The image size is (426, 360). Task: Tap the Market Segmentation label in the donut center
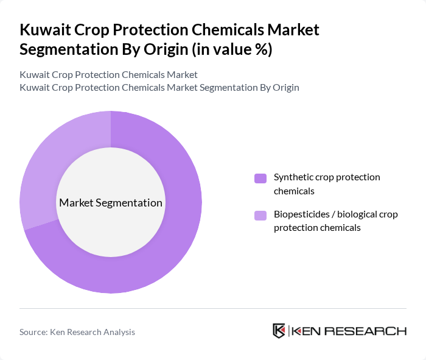click(x=111, y=203)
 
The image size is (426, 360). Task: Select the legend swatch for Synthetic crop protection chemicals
click(x=260, y=178)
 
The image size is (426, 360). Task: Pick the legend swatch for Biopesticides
click(x=260, y=215)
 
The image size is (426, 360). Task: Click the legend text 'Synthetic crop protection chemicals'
click(x=327, y=183)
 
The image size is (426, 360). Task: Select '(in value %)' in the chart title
click(x=230, y=50)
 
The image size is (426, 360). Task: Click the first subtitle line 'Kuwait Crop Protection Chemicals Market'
click(x=108, y=75)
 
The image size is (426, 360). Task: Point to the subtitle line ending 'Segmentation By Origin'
click(x=159, y=87)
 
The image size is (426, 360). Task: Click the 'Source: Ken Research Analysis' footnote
click(x=77, y=332)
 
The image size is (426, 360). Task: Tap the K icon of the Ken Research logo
click(x=279, y=331)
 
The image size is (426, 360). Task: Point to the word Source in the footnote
click(x=34, y=332)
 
